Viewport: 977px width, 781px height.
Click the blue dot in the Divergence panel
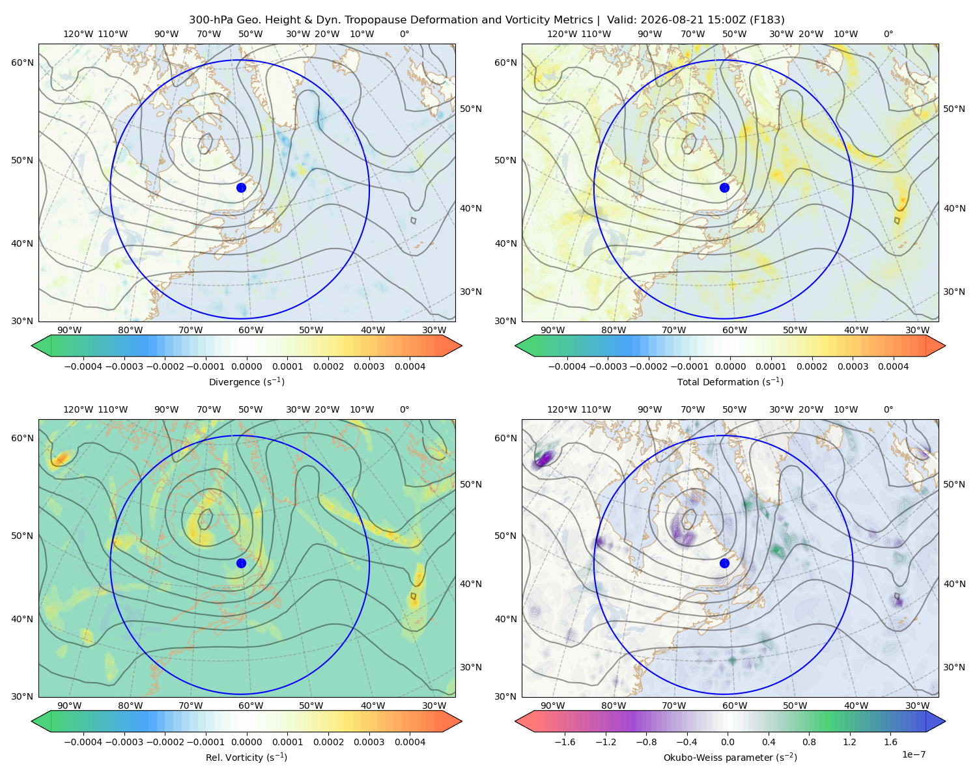point(241,187)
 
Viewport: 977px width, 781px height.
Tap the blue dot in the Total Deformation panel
point(724,187)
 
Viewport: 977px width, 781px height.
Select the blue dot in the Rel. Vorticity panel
point(241,563)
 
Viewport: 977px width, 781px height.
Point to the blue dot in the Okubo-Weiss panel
point(724,563)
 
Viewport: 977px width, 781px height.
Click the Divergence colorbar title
point(246,381)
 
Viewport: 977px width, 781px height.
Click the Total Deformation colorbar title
point(730,381)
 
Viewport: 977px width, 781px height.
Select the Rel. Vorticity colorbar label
point(246,757)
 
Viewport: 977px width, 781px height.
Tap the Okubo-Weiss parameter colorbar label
point(730,757)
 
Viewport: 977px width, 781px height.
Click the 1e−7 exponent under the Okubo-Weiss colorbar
point(913,754)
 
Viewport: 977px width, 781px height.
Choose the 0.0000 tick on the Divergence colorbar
point(246,366)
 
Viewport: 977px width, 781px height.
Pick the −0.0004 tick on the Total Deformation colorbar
point(567,366)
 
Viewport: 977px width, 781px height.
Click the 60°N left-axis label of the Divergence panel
point(22,62)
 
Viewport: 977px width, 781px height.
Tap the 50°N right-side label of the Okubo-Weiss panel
point(954,484)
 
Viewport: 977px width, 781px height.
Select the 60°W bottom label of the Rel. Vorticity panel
point(251,706)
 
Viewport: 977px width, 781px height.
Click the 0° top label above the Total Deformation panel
point(888,34)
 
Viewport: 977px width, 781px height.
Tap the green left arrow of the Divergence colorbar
point(41,346)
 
